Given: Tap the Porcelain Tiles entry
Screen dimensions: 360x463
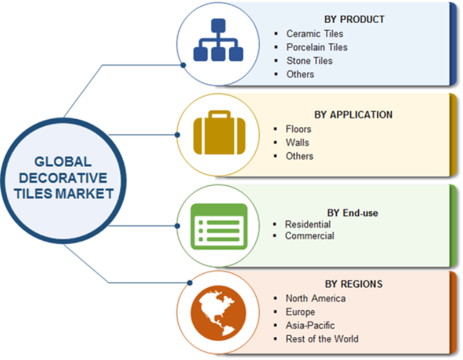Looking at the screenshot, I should pos(317,47).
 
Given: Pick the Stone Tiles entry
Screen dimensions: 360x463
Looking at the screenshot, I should pos(309,60).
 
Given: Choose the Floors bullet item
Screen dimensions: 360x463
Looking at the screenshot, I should pos(298,129).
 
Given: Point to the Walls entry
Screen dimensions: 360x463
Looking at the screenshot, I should pos(297,142).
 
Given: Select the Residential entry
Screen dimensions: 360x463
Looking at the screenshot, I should pos(307,224).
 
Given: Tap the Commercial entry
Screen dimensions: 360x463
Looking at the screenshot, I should pos(309,236).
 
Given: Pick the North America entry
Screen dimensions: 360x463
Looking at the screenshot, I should pos(315,299).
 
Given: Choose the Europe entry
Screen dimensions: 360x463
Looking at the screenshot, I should pos(300,312).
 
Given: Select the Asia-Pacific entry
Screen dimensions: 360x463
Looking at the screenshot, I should pos(310,325).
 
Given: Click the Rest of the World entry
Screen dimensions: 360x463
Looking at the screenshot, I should pos(322,339).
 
